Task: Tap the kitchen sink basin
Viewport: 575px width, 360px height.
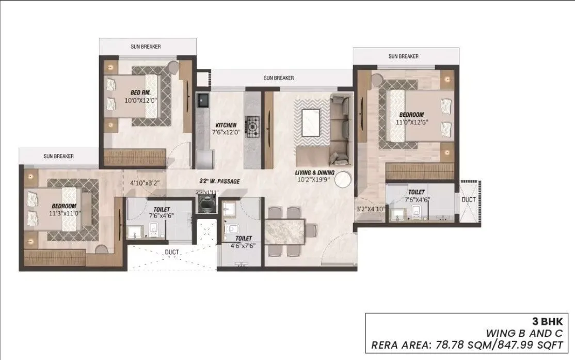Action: [201, 100]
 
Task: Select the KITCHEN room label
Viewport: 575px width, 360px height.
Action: [226, 125]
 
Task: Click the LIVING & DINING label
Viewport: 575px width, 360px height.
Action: [315, 173]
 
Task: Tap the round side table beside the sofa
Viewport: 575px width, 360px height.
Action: [343, 179]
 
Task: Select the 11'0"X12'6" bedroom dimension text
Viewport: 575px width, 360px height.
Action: [411, 122]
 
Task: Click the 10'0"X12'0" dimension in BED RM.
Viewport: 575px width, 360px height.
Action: [140, 101]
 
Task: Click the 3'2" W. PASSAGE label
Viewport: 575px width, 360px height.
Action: [220, 181]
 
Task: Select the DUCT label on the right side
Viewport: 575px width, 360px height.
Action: [469, 199]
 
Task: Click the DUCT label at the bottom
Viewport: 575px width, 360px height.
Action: [172, 253]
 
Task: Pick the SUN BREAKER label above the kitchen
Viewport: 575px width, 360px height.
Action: [279, 78]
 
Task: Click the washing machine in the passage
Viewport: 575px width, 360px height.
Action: [207, 204]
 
